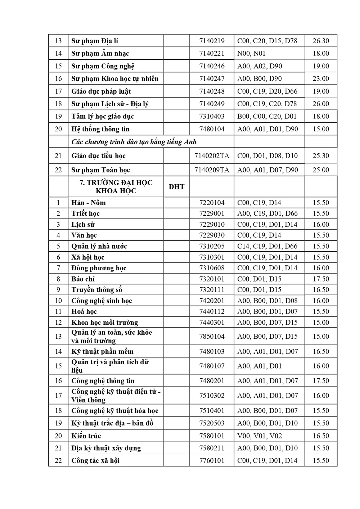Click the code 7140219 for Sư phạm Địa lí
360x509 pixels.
(x=212, y=41)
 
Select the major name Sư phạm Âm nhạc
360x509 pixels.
(x=100, y=54)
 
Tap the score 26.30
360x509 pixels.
(x=320, y=41)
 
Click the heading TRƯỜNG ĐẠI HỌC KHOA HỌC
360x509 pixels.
(x=116, y=187)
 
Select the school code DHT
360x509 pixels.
(x=176, y=187)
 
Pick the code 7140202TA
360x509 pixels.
(x=212, y=156)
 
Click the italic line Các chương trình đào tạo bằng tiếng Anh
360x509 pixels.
(x=134, y=142)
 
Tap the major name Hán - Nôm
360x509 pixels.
(x=89, y=203)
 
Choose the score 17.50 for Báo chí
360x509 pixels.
(x=320, y=279)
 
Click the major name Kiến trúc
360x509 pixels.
(x=86, y=436)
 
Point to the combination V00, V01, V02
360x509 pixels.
(x=259, y=436)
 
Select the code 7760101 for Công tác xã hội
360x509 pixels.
(x=212, y=461)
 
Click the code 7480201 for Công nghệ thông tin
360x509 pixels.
(x=212, y=381)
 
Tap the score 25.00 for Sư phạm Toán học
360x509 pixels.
(x=320, y=170)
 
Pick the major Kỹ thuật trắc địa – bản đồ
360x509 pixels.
(x=112, y=423)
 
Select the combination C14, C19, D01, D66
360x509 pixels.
(x=267, y=247)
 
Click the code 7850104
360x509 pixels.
(x=212, y=337)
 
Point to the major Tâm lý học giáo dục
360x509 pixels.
(x=103, y=117)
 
